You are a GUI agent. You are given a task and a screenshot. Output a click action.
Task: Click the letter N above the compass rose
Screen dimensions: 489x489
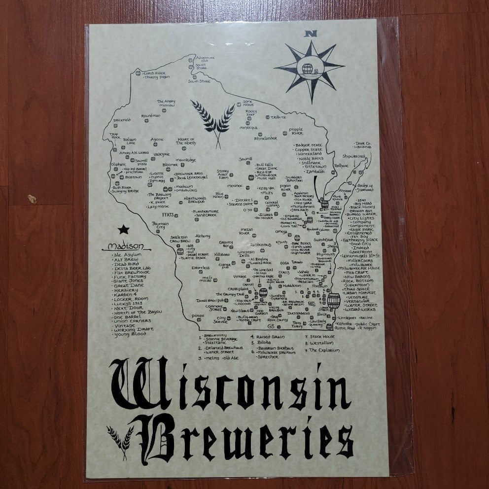point(310,35)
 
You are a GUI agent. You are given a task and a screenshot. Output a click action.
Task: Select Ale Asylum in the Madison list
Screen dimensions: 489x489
point(127,255)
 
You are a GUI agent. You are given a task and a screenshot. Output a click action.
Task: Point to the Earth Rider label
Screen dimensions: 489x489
point(154,73)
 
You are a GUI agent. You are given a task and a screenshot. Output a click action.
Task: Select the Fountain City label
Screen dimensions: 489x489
point(157,225)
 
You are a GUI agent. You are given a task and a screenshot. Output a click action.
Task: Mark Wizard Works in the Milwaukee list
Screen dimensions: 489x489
point(360,310)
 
